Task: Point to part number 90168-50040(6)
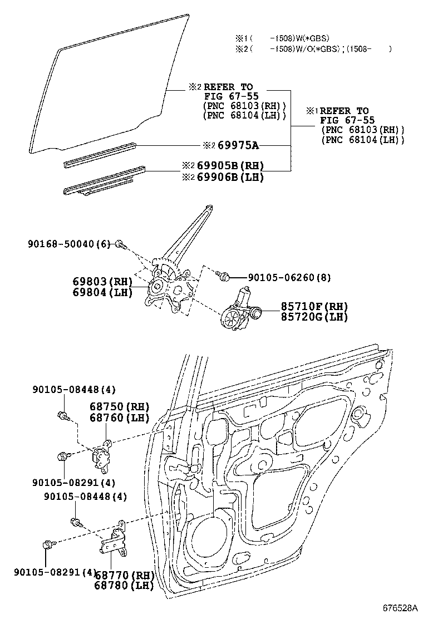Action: (x=70, y=243)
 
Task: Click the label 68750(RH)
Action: (x=117, y=406)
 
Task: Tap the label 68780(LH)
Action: (x=123, y=585)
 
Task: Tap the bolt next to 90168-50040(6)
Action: (x=121, y=244)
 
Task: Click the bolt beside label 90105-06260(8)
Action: (x=224, y=276)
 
